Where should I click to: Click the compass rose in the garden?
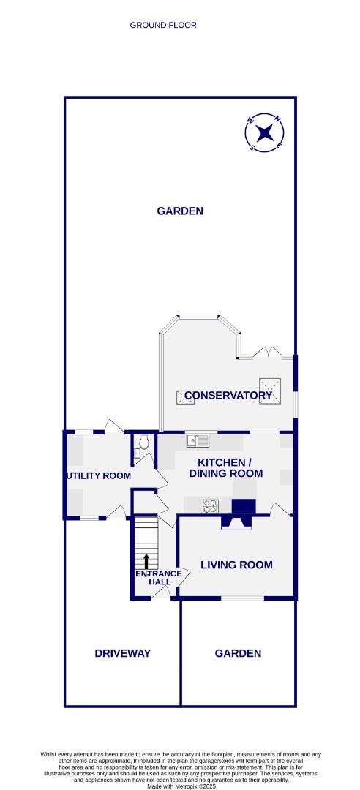[x=265, y=132]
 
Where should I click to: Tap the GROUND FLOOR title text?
[x=163, y=25]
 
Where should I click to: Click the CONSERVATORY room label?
[x=228, y=396]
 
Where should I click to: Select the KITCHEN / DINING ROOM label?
[x=225, y=468]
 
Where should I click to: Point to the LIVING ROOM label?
[x=236, y=565]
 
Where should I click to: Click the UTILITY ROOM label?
[x=99, y=476]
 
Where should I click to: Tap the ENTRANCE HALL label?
[x=154, y=578]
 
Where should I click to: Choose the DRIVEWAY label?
[x=122, y=653]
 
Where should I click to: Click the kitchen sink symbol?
[x=198, y=440]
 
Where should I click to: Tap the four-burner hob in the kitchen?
[x=211, y=505]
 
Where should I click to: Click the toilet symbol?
[x=143, y=443]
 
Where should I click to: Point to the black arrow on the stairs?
[x=146, y=561]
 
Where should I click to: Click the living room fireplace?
[x=236, y=522]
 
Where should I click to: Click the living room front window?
[x=242, y=598]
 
